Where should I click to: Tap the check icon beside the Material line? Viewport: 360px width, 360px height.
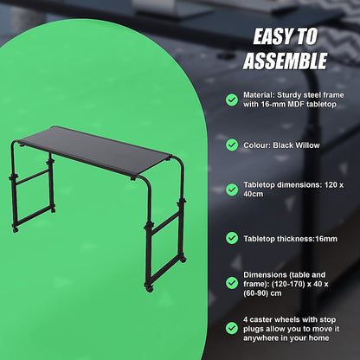tap(232, 100)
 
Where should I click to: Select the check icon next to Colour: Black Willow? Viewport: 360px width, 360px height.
tap(232, 145)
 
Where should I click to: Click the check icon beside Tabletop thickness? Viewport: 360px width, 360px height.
tap(232, 236)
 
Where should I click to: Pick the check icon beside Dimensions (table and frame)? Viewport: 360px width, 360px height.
tap(232, 282)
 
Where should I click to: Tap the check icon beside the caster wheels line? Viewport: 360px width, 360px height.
tap(232, 328)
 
